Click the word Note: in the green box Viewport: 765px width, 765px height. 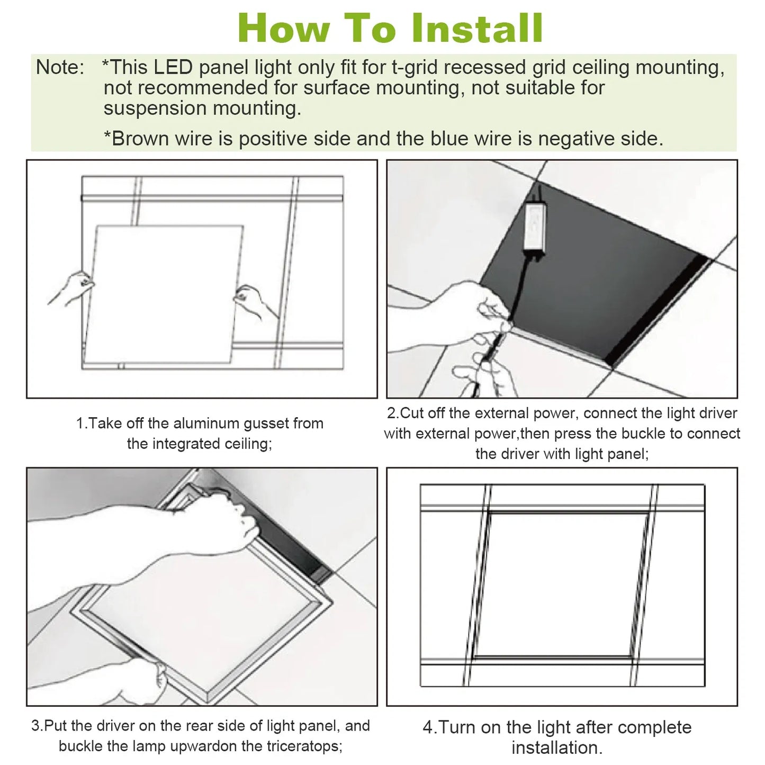click(60, 68)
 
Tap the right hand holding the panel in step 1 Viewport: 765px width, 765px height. click(254, 302)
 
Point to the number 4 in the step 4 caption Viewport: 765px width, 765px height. click(428, 728)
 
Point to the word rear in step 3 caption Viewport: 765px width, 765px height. click(181, 726)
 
